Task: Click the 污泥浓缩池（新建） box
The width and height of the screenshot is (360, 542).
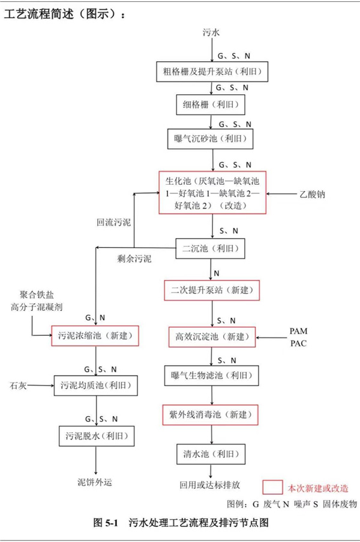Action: pyautogui.click(x=95, y=336)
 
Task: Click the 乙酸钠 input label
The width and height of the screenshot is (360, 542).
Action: pyautogui.click(x=313, y=195)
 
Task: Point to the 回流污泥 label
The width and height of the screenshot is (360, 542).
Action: pyautogui.click(x=113, y=222)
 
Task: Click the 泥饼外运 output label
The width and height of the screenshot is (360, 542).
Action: pyautogui.click(x=95, y=481)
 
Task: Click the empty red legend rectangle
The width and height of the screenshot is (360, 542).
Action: pyautogui.click(x=274, y=487)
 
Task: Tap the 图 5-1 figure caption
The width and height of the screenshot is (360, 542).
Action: pyautogui.click(x=181, y=523)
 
